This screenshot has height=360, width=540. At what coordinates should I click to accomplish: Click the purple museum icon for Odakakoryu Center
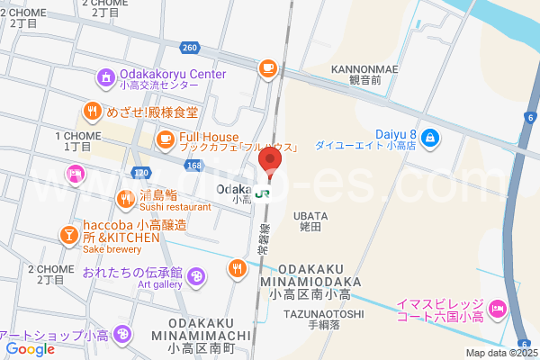tap(106, 78)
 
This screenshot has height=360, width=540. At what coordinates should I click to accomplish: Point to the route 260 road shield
tap(188, 47)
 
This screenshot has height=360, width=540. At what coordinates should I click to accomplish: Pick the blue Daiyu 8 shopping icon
tap(430, 138)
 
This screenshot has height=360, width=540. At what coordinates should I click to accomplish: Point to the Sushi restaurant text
tap(175, 206)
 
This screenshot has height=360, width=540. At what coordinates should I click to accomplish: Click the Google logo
tap(31, 349)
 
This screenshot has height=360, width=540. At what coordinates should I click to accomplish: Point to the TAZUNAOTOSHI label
tap(323, 313)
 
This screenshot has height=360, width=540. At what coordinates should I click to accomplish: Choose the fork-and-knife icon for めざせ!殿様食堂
tap(92, 112)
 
